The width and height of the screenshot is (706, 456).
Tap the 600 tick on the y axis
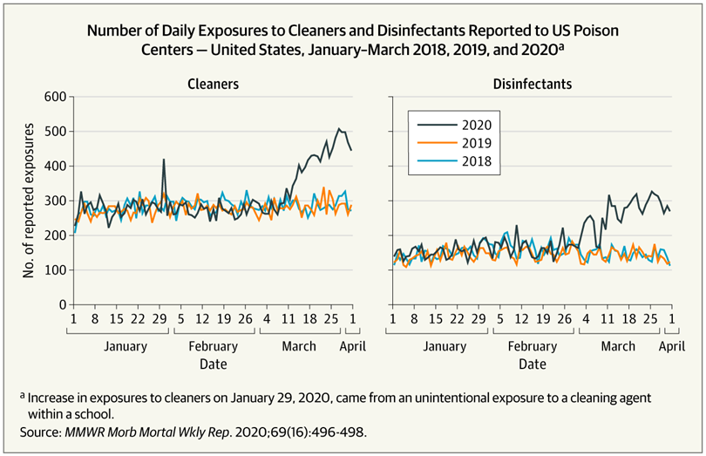coord(54,96)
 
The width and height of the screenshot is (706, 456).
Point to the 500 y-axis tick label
coord(54,131)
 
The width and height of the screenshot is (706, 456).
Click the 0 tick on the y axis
coord(61,304)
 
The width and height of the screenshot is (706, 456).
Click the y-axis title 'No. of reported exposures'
coord(29,201)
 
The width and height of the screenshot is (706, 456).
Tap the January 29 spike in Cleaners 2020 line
coord(164,160)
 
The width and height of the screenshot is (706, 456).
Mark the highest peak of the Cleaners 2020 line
coord(339,129)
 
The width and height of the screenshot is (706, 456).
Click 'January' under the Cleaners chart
coord(125,346)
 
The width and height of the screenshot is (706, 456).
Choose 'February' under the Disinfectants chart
coord(532,346)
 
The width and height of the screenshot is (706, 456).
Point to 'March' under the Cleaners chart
coord(299,346)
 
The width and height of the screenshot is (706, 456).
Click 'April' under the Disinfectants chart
coord(671,346)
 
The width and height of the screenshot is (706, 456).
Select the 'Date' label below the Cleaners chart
coord(213,364)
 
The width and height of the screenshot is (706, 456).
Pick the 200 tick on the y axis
coord(54,235)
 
